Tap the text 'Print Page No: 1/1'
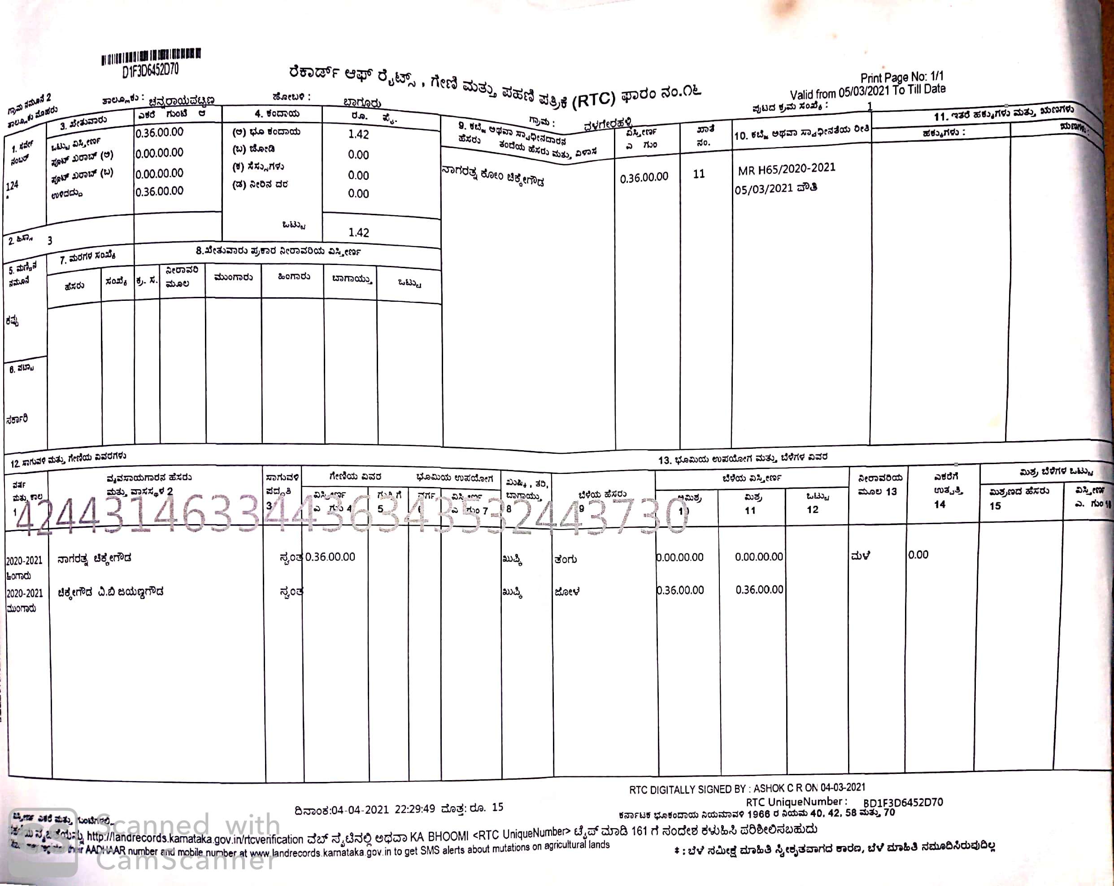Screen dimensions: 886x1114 point(901,78)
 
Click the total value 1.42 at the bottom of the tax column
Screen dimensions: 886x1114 point(359,232)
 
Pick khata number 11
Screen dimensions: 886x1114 point(699,174)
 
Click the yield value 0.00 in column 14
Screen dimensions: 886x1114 point(918,555)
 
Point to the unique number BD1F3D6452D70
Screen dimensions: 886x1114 point(903,803)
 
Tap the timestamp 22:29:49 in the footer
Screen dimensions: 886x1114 point(414,808)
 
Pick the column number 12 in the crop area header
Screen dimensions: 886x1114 point(812,509)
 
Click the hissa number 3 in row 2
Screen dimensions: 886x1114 point(50,241)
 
